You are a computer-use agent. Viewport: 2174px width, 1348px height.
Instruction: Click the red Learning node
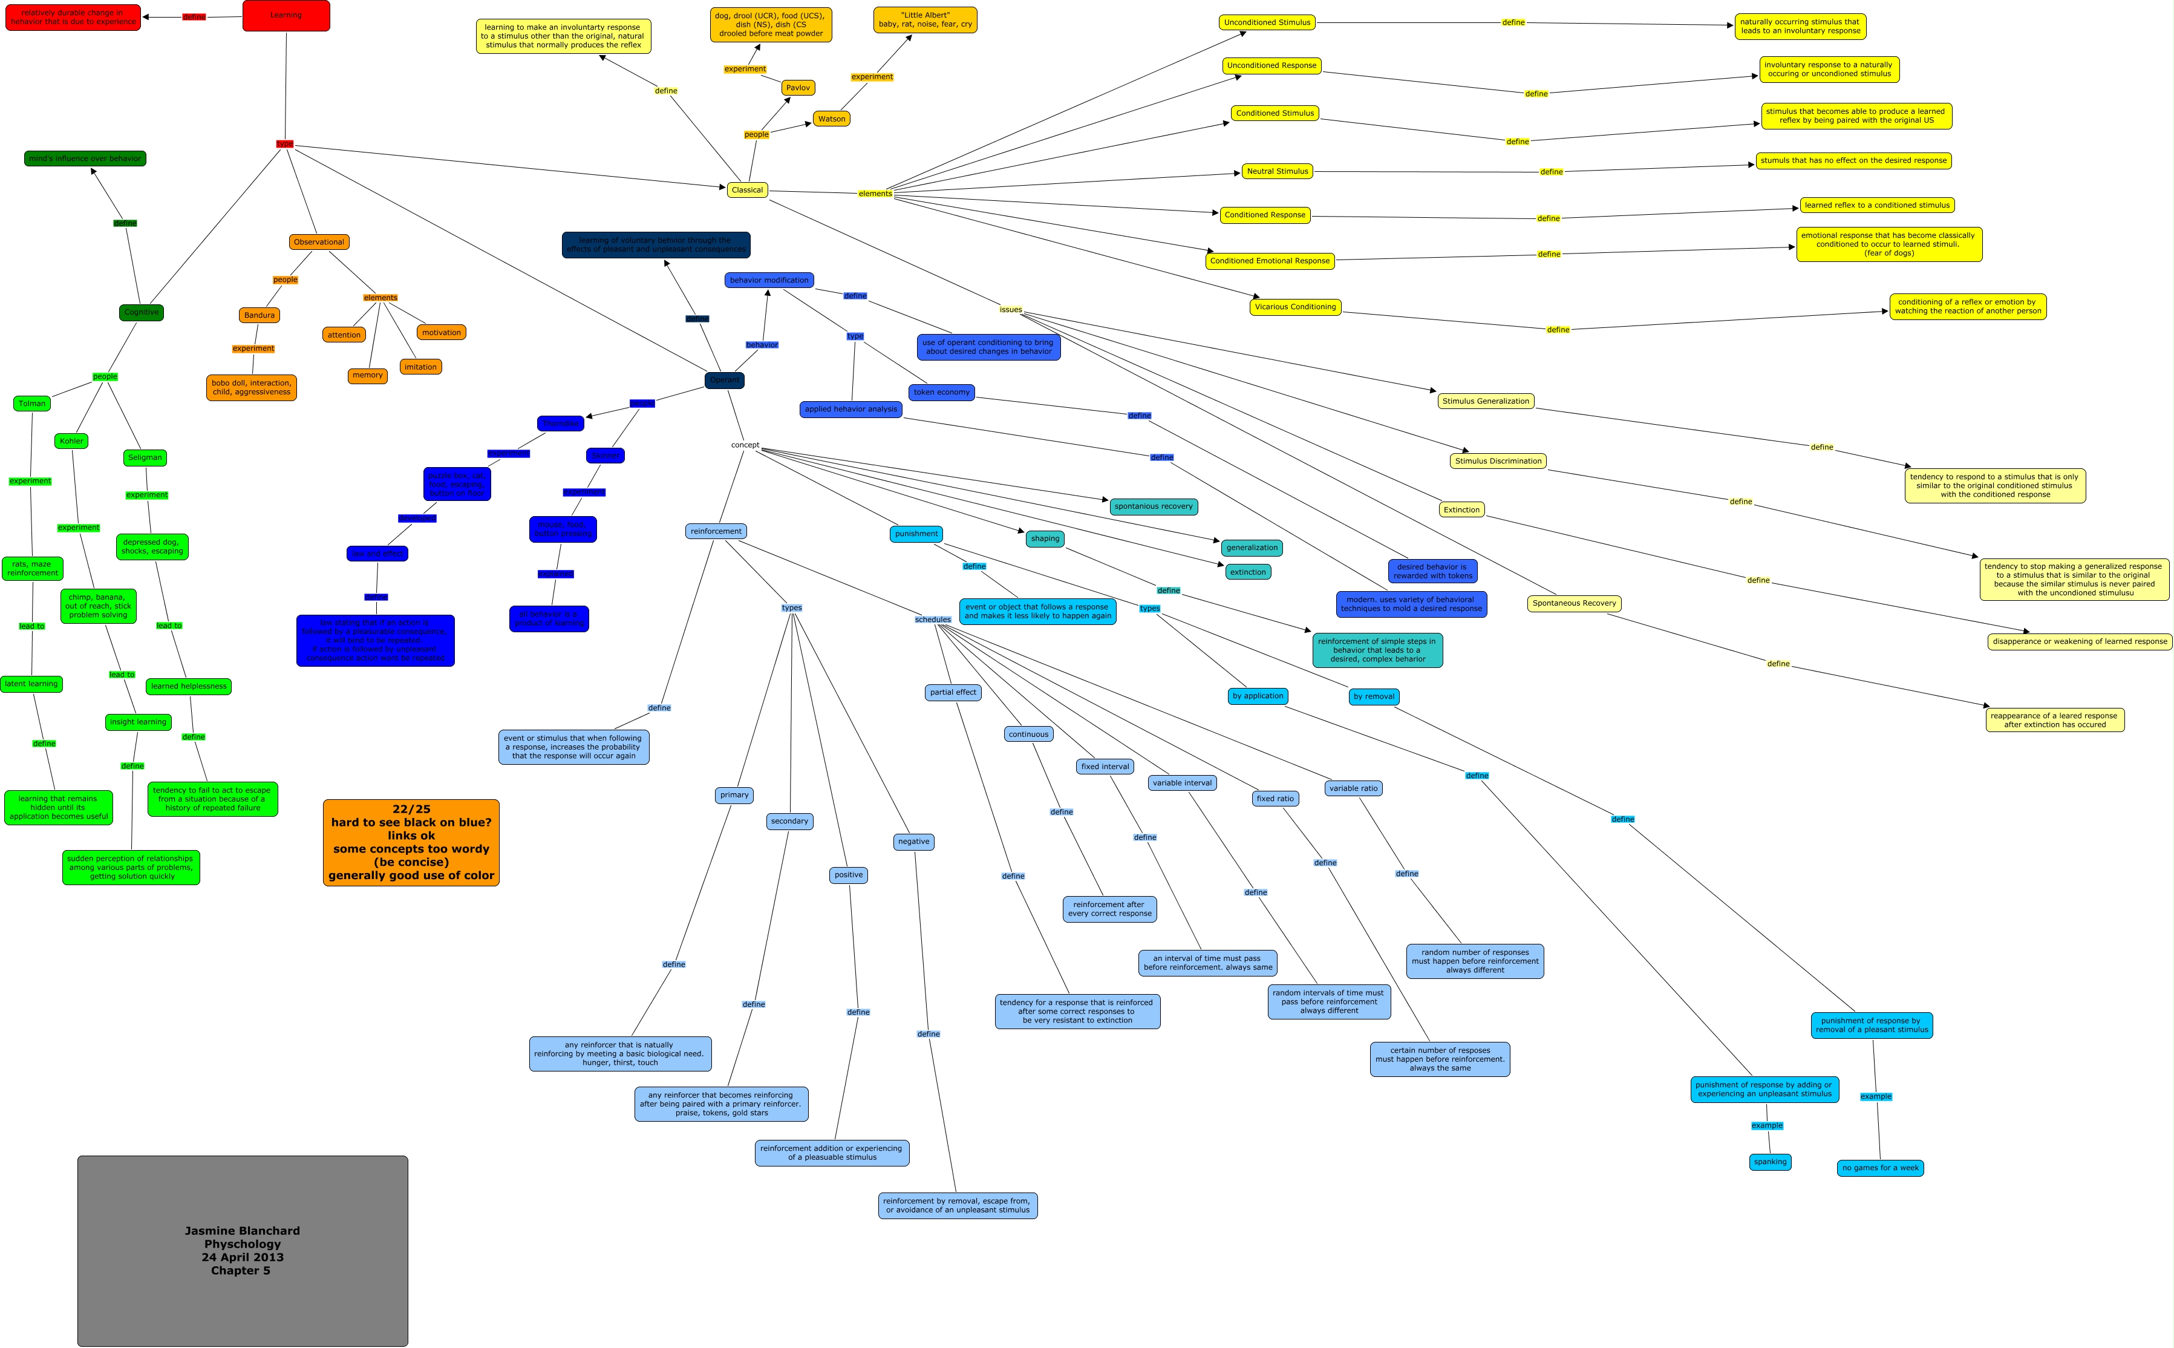coord(286,15)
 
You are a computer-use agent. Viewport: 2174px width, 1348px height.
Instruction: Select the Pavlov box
coord(798,87)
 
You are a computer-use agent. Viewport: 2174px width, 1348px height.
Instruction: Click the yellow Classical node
coord(747,190)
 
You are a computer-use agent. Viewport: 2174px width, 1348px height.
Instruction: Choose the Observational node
coord(318,241)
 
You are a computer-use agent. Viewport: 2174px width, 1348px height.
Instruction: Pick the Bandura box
coord(260,315)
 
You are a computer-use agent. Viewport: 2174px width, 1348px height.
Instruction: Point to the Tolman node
coord(32,403)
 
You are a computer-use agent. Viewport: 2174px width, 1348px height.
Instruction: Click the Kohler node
coord(71,440)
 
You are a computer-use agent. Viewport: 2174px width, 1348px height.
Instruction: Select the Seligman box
coord(145,457)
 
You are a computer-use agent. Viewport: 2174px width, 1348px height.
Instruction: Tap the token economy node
coord(941,392)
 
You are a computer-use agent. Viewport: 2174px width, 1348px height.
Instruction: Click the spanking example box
coord(1769,1162)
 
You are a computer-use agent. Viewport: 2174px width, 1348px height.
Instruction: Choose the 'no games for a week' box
coord(1880,1168)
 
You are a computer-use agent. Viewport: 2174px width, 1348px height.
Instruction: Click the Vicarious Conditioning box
coord(1295,307)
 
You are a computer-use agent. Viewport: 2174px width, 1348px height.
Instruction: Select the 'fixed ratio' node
coord(1275,799)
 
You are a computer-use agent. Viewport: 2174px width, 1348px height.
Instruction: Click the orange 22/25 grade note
coord(411,842)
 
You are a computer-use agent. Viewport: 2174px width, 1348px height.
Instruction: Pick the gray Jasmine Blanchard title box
coord(243,1250)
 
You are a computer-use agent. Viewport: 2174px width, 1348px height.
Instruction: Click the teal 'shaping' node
coord(1045,538)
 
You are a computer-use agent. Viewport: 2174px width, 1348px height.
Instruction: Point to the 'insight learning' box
coord(138,722)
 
